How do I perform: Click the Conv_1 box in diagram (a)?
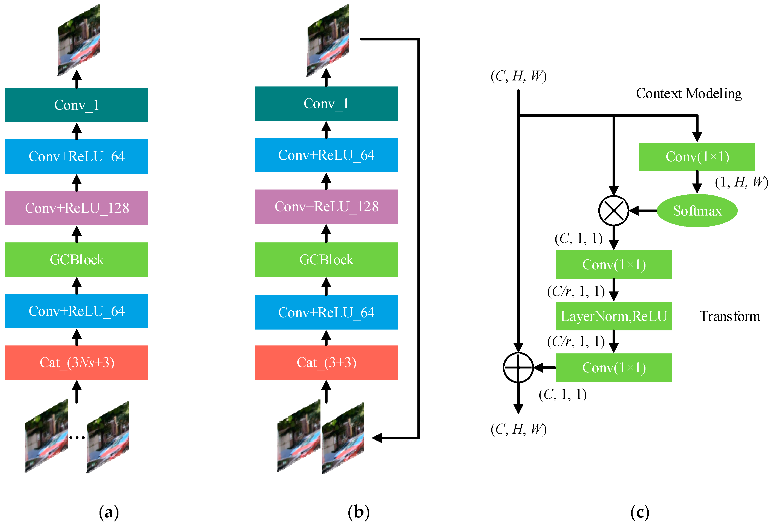77,105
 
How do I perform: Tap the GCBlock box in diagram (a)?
77,259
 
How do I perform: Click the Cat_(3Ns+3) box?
77,362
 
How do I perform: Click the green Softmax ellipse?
697,211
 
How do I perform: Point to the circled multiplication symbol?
613,211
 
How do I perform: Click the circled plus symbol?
518,367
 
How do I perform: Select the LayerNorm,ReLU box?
613,316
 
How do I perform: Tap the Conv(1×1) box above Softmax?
697,157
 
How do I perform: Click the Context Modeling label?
688,94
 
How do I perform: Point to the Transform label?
729,316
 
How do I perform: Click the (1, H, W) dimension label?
741,182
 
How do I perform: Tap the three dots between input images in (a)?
77,437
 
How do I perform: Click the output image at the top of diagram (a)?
79,40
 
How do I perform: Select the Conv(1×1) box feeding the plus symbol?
613,367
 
